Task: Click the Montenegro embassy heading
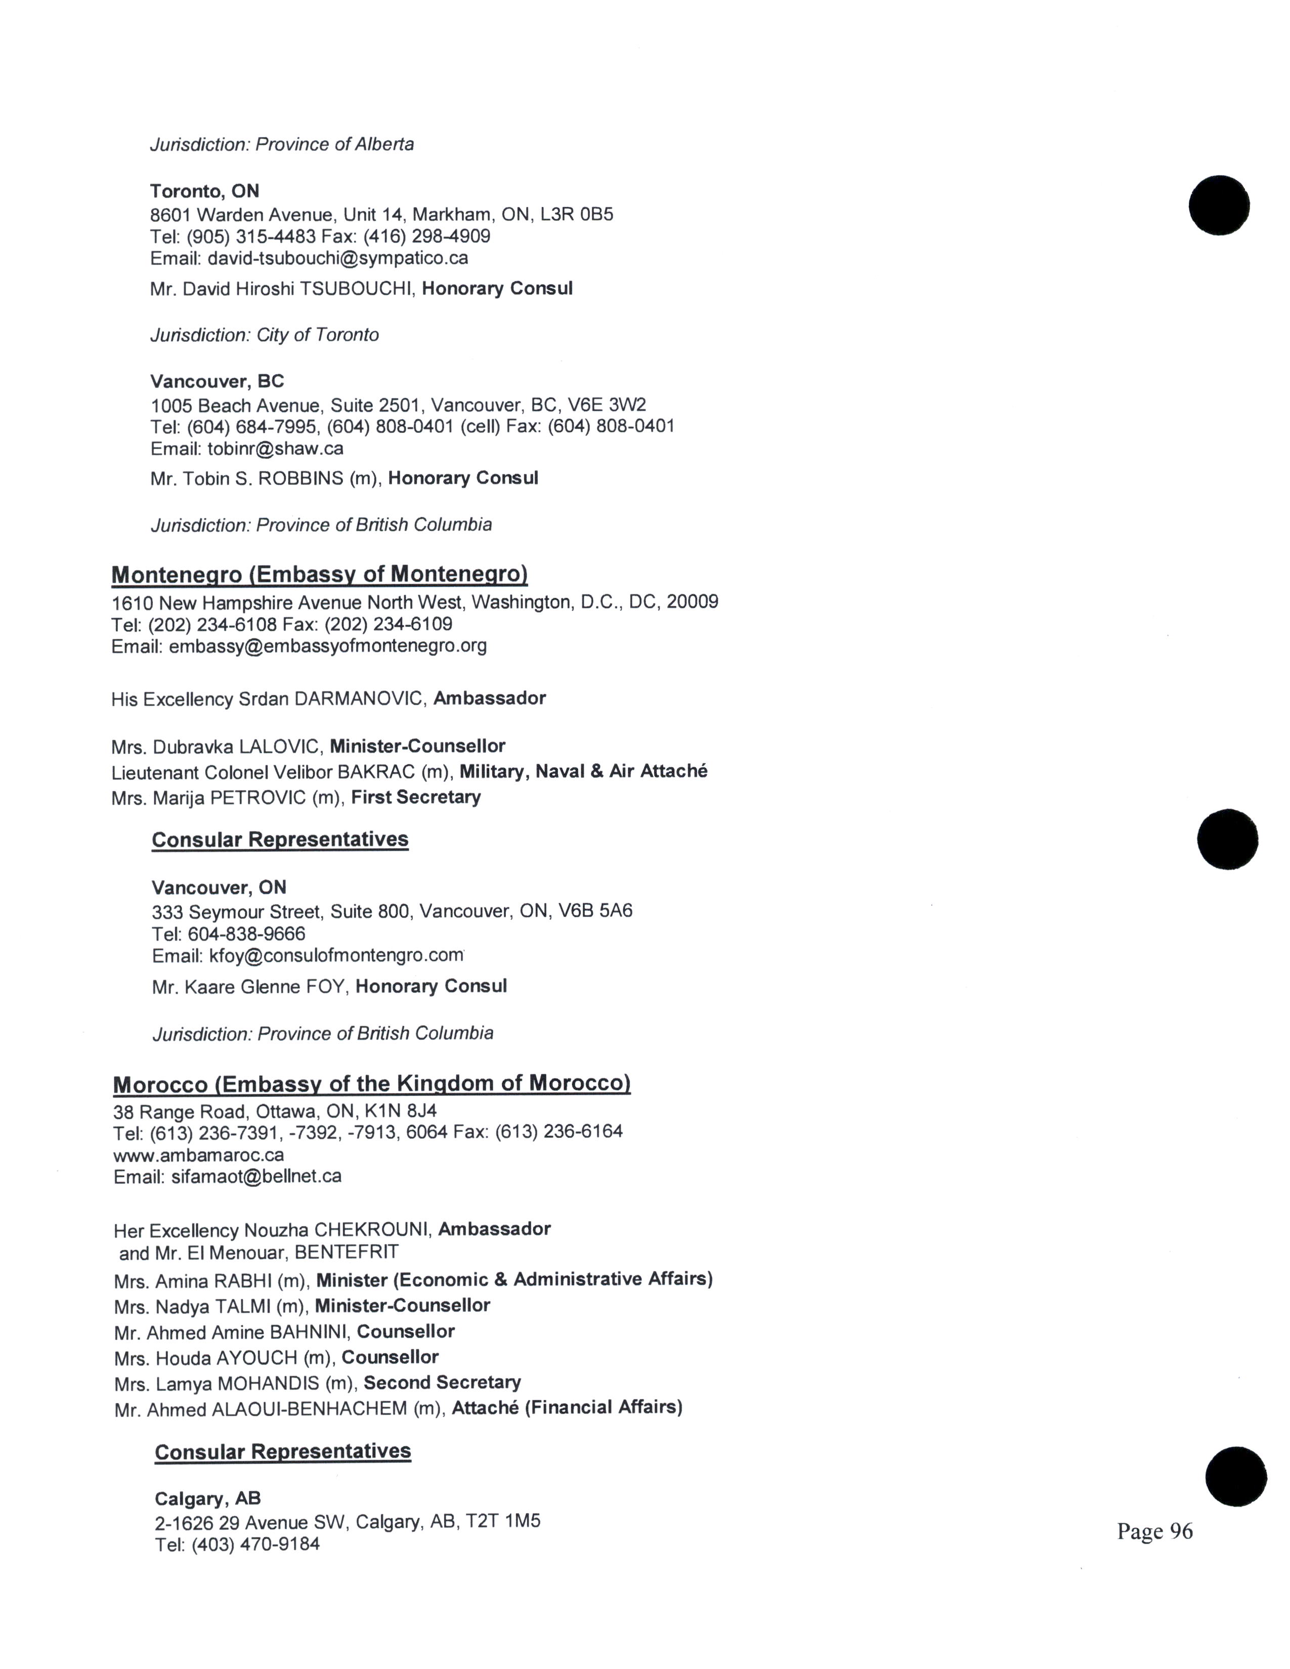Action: [x=319, y=575]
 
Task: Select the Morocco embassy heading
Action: [x=371, y=1084]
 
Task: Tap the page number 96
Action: [x=1154, y=1531]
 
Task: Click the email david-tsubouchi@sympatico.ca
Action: [x=338, y=258]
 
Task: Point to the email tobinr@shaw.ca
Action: [x=275, y=449]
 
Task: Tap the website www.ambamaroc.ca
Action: [x=199, y=1155]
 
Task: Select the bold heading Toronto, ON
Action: [x=205, y=191]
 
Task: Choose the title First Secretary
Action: [x=416, y=797]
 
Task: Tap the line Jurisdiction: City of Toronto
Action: [x=265, y=335]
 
